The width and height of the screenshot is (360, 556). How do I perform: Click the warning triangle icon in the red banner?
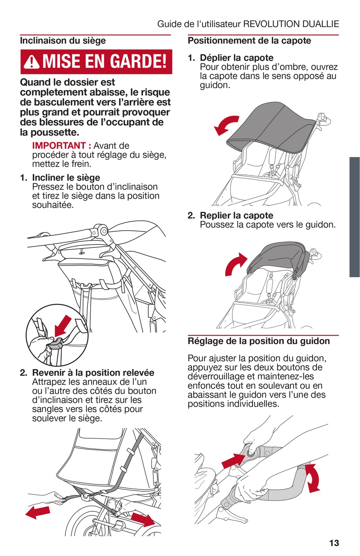coord(31,62)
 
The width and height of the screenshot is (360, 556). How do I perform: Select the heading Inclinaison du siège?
coord(63,41)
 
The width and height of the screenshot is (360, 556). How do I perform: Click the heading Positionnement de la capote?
coord(249,41)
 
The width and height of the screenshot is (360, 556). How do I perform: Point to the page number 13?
coord(334,543)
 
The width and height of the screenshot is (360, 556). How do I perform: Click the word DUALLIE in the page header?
coord(321,24)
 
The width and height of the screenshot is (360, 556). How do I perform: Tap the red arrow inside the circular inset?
coord(63,326)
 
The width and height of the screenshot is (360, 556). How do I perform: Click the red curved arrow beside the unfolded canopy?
coord(225,125)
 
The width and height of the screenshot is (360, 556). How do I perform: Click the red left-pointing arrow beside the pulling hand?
coord(38,512)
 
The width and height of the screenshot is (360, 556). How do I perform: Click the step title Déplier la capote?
coord(236,58)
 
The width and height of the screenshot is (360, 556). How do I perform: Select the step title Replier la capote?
coord(236,216)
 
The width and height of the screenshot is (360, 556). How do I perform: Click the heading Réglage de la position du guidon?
coord(259,341)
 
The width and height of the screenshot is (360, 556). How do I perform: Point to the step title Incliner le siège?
coord(66,178)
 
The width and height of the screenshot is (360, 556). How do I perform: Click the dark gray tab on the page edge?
coord(355,217)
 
